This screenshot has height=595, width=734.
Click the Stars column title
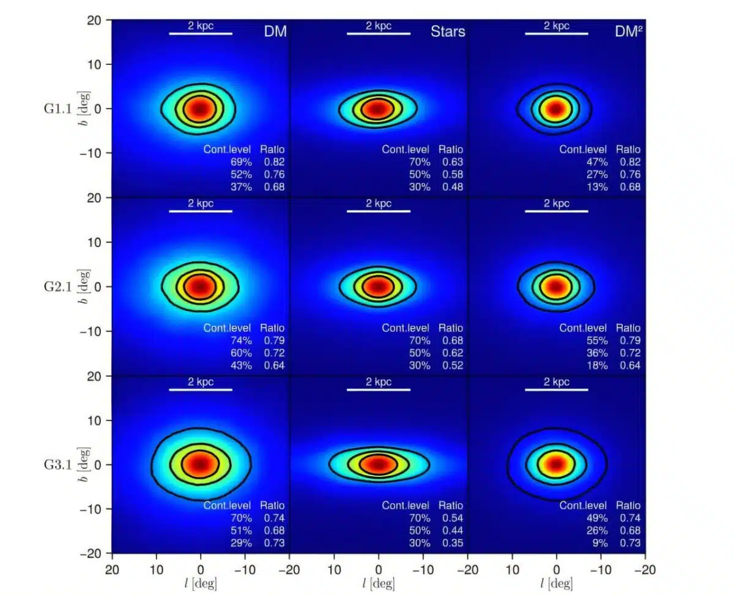[448, 31]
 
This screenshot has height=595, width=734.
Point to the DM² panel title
[628, 31]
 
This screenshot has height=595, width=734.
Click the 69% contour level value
[240, 162]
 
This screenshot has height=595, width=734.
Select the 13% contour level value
[596, 187]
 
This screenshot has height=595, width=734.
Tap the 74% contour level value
[240, 340]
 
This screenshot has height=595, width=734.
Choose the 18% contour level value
[596, 365]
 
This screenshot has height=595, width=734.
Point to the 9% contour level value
[599, 543]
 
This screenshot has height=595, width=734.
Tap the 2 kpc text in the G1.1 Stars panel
[379, 26]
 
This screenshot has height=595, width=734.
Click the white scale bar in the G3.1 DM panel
[201, 389]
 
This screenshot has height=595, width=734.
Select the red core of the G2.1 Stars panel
[378, 286]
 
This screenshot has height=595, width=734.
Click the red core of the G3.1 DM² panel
[555, 464]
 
